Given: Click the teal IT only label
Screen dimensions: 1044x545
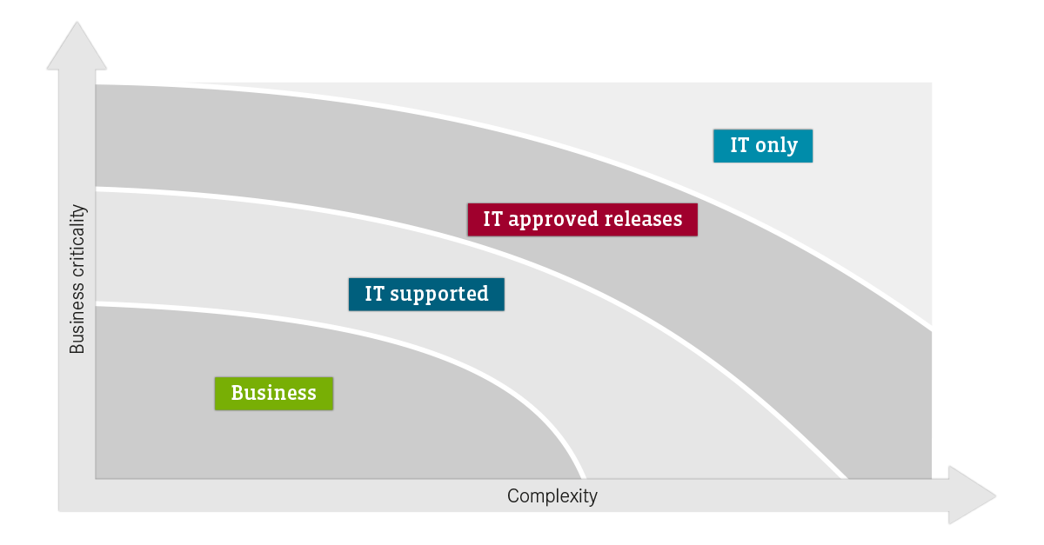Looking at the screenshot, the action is [x=763, y=146].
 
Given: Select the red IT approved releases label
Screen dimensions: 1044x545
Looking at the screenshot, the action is [x=583, y=219].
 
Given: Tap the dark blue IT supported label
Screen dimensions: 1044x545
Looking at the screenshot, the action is [x=426, y=295].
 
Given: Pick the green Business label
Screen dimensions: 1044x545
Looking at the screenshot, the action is [x=274, y=394].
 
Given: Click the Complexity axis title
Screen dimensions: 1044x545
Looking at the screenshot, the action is [x=552, y=496].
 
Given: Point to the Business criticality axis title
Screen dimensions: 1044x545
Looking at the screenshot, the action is [x=77, y=279].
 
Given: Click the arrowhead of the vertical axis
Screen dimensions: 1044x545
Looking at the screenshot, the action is [x=77, y=46].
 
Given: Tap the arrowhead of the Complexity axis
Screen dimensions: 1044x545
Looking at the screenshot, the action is [x=972, y=495].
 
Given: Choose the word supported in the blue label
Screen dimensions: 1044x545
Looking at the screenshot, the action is [x=439, y=295].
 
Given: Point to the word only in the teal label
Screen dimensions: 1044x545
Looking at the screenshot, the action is [x=776, y=146].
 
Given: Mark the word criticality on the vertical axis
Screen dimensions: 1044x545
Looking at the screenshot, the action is [x=77, y=241].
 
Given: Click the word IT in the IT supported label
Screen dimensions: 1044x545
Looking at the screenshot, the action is [x=374, y=294].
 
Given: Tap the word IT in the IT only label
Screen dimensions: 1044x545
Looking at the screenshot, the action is [x=739, y=145].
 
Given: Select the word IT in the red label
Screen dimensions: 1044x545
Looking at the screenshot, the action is [x=492, y=219].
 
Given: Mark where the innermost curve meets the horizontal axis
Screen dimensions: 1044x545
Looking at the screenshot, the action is [x=583, y=478].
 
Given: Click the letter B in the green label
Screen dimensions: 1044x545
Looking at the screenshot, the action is [x=238, y=393].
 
